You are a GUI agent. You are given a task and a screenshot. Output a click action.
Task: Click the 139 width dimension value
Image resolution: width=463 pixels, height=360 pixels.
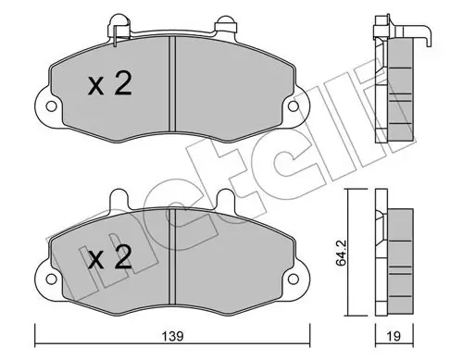pos(174,336)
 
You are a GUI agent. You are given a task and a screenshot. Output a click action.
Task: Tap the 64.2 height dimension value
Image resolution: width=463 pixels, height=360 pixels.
pos(342,253)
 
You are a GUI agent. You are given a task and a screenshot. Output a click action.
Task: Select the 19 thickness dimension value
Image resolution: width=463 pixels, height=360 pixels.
pos(394,336)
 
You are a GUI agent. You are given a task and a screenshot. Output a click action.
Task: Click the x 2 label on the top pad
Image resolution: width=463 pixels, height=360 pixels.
pos(110,83)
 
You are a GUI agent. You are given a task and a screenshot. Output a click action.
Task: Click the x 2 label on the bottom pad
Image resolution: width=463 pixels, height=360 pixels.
pos(110,257)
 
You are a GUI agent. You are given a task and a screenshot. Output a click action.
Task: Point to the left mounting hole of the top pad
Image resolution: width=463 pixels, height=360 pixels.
pos(51,106)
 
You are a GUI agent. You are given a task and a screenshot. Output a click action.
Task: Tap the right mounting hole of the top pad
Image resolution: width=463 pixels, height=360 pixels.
pos(294,106)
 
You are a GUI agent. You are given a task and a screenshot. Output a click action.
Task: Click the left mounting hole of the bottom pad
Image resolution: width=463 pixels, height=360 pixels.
pos(51,279)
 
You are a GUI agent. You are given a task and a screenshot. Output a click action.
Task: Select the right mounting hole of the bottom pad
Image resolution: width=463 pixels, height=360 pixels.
pos(294,279)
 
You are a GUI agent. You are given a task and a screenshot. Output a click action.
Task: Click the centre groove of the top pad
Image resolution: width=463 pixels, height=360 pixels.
pos(172,85)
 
